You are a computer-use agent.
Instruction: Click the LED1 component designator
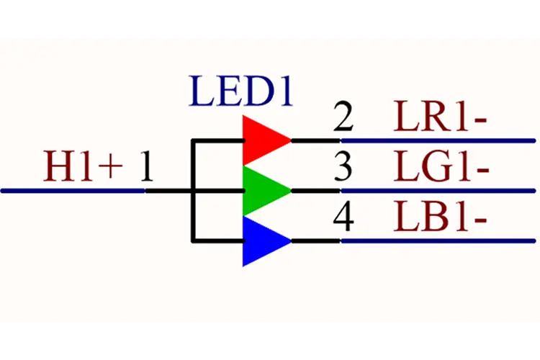point(240,91)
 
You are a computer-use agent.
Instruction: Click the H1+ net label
point(83,166)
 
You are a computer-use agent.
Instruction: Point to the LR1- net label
point(440,116)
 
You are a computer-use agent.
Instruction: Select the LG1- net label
point(441,166)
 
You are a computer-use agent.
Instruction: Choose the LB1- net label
point(440,217)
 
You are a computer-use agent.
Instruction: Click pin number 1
point(147,166)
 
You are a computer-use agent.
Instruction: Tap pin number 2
point(343,116)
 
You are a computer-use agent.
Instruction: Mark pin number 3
point(343,166)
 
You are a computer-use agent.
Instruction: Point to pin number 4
point(343,217)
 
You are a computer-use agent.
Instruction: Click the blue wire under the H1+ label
point(73,191)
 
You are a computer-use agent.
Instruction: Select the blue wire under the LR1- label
point(438,140)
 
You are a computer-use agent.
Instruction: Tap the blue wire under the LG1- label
point(438,191)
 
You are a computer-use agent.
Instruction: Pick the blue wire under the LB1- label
point(438,240)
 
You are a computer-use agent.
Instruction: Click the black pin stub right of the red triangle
point(316,140)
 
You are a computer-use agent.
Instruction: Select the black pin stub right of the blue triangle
point(316,240)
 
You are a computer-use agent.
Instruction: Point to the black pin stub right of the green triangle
point(316,191)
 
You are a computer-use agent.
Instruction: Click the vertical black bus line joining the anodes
point(194,191)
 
